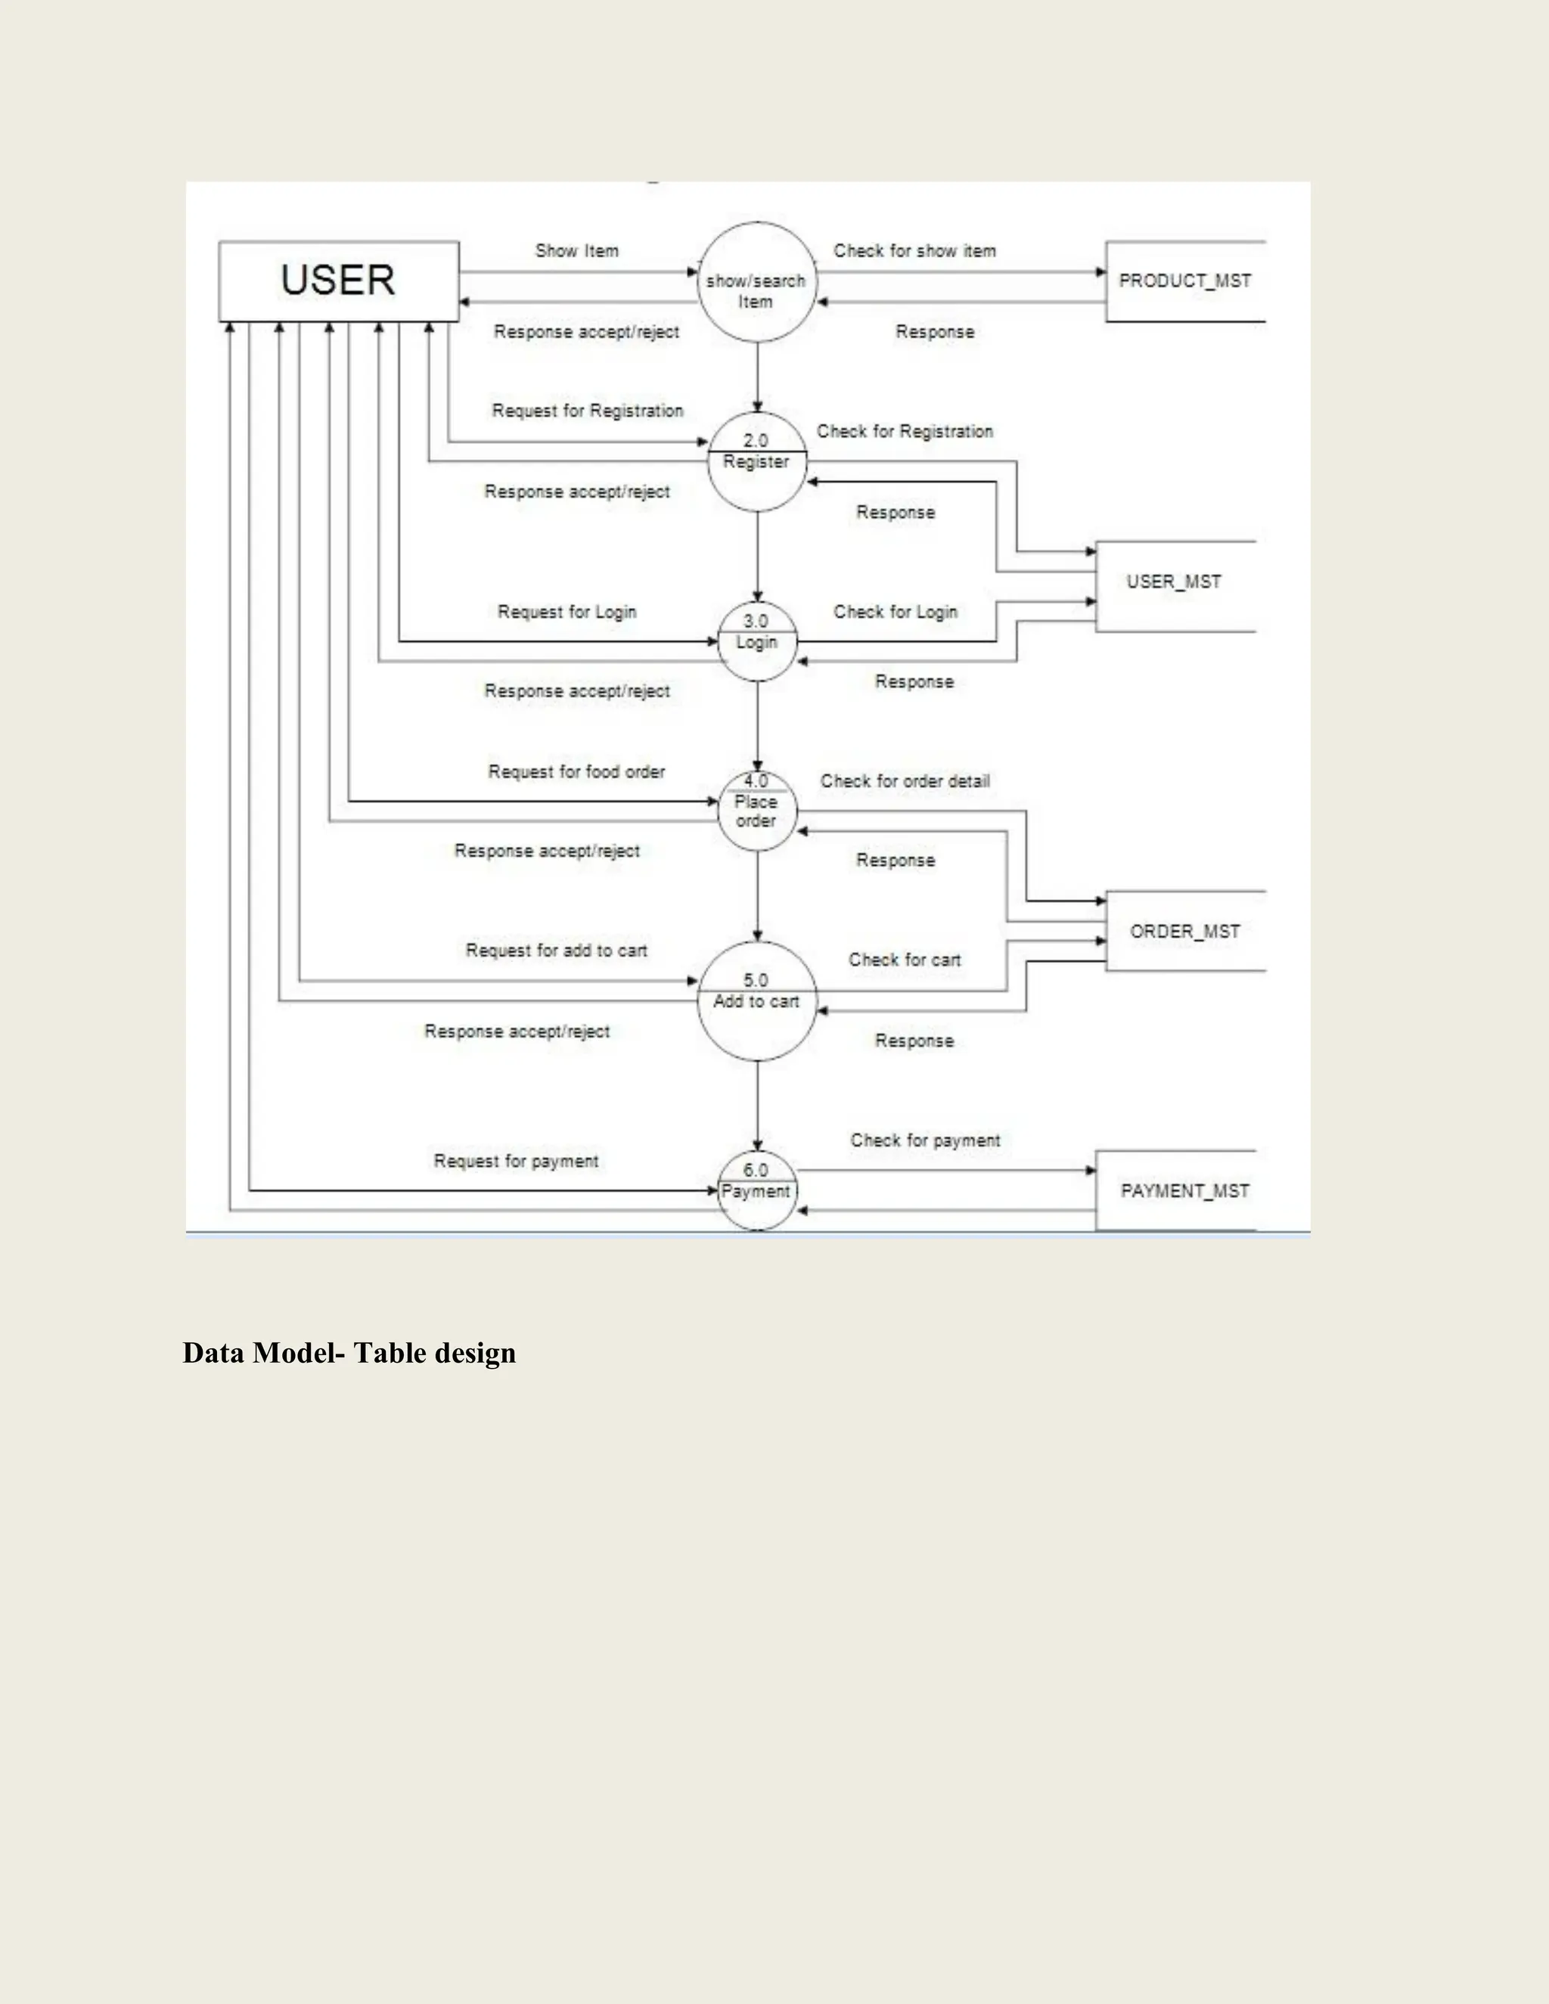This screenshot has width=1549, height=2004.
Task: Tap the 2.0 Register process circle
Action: pos(757,461)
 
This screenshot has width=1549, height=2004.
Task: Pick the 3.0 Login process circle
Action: pos(757,641)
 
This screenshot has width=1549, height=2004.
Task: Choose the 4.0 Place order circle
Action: pos(757,811)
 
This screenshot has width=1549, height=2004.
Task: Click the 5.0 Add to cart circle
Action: pos(757,1001)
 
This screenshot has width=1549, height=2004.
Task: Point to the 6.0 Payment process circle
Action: pos(757,1190)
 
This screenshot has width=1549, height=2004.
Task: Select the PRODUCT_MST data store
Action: pos(1184,281)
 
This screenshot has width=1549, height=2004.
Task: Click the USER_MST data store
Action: pos(1175,582)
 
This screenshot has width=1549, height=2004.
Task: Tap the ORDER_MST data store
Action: pos(1184,932)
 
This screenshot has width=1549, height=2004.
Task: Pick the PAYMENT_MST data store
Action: pos(1184,1191)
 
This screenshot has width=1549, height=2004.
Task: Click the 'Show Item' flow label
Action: pos(577,250)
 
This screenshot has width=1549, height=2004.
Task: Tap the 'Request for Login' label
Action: pos(567,612)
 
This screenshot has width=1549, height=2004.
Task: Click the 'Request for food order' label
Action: pos(576,771)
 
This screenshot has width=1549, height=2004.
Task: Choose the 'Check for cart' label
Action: pos(904,960)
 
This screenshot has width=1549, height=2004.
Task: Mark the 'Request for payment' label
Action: pos(516,1161)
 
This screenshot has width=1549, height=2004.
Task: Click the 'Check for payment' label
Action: pos(925,1140)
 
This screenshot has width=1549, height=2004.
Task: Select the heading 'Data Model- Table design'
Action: pos(349,1354)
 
